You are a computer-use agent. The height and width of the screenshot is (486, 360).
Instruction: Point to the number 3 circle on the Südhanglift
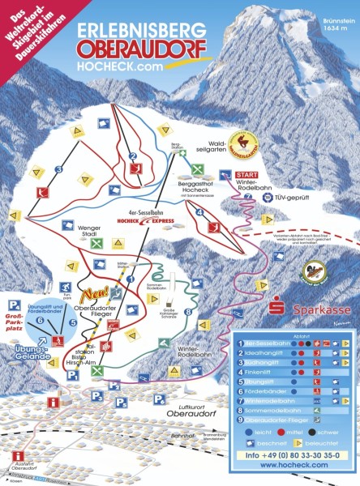pos(58,169)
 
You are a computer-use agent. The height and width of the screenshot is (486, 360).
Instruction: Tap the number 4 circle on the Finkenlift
pos(199,213)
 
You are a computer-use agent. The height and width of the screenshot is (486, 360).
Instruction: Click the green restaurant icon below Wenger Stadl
pos(96,242)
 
